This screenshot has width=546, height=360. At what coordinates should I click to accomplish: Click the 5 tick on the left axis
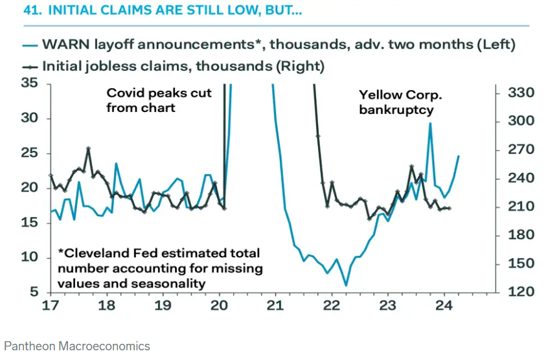[x=33, y=292]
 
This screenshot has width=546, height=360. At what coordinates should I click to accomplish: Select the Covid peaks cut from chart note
[x=159, y=100]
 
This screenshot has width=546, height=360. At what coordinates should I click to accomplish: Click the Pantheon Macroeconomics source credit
[x=76, y=346]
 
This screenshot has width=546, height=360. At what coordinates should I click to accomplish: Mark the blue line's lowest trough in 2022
[x=346, y=285]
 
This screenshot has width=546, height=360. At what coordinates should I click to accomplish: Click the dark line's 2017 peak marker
[x=89, y=149]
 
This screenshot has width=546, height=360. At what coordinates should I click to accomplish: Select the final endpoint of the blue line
[x=459, y=156]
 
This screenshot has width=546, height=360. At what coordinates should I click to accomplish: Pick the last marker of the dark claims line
[x=449, y=208]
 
